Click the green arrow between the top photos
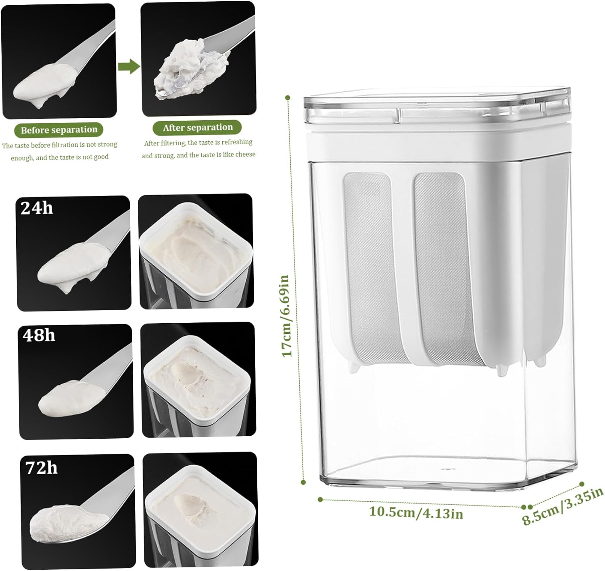(129, 66)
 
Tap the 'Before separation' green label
(59, 130)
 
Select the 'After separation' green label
(197, 128)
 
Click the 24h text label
(37, 208)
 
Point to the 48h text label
(39, 335)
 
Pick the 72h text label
(41, 468)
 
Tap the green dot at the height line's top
(288, 98)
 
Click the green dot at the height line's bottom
(303, 482)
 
